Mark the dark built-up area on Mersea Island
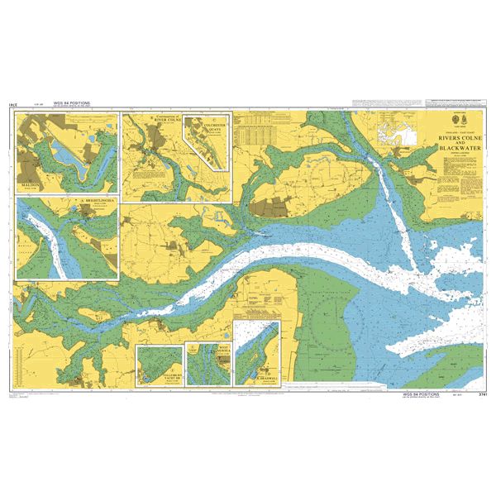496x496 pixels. tap(268, 206)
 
